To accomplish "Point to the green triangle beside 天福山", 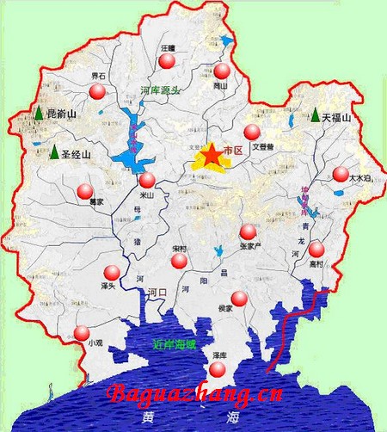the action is (x=316, y=114).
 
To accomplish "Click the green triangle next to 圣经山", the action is (x=54, y=154).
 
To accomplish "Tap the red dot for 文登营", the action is (x=251, y=132).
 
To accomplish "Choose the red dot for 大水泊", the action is (x=342, y=174).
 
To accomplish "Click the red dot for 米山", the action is (x=147, y=180).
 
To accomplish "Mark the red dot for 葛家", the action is (x=84, y=191).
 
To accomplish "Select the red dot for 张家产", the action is (x=248, y=231).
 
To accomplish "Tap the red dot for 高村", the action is (x=316, y=249).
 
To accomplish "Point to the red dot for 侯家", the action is (x=239, y=299).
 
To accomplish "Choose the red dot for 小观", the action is (x=82, y=333).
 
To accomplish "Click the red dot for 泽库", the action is (x=218, y=369).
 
